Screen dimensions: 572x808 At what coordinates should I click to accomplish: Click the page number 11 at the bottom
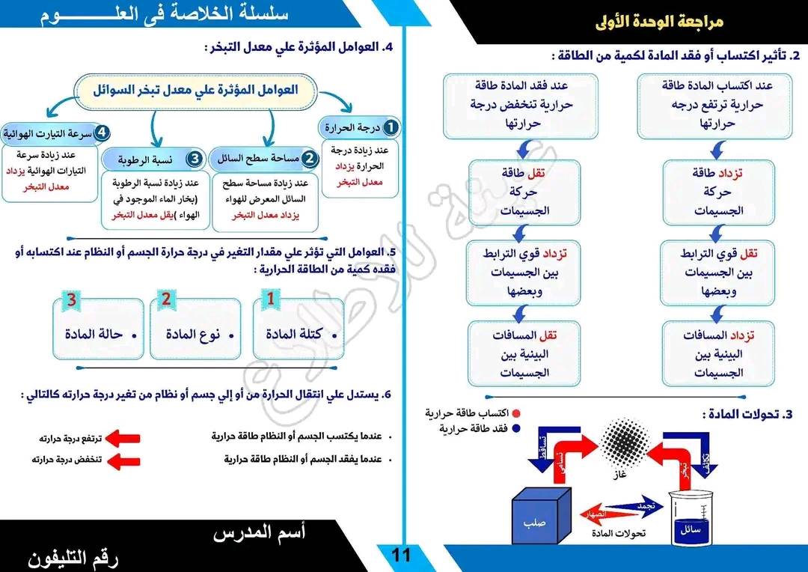coord(401,555)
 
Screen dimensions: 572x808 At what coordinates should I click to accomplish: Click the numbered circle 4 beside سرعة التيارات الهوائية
coord(102,133)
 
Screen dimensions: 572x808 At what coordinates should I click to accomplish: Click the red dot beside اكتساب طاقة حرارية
coord(516,413)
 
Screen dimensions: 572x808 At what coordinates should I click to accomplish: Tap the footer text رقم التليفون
coord(73,557)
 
